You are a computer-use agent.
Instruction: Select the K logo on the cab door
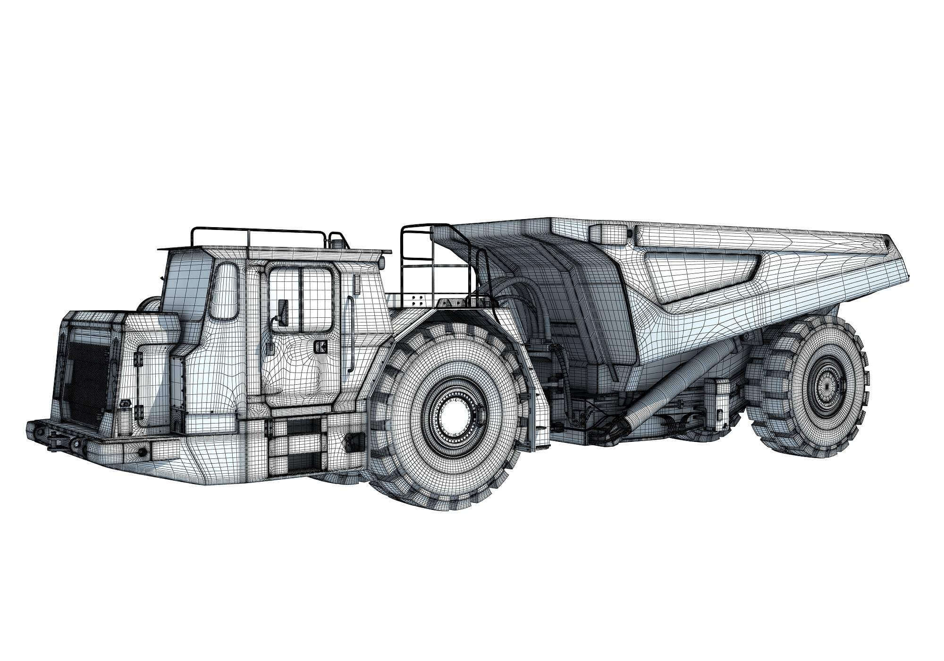(x=320, y=347)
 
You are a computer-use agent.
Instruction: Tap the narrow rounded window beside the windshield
(x=228, y=290)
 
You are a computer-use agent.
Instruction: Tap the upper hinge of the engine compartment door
(x=138, y=360)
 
